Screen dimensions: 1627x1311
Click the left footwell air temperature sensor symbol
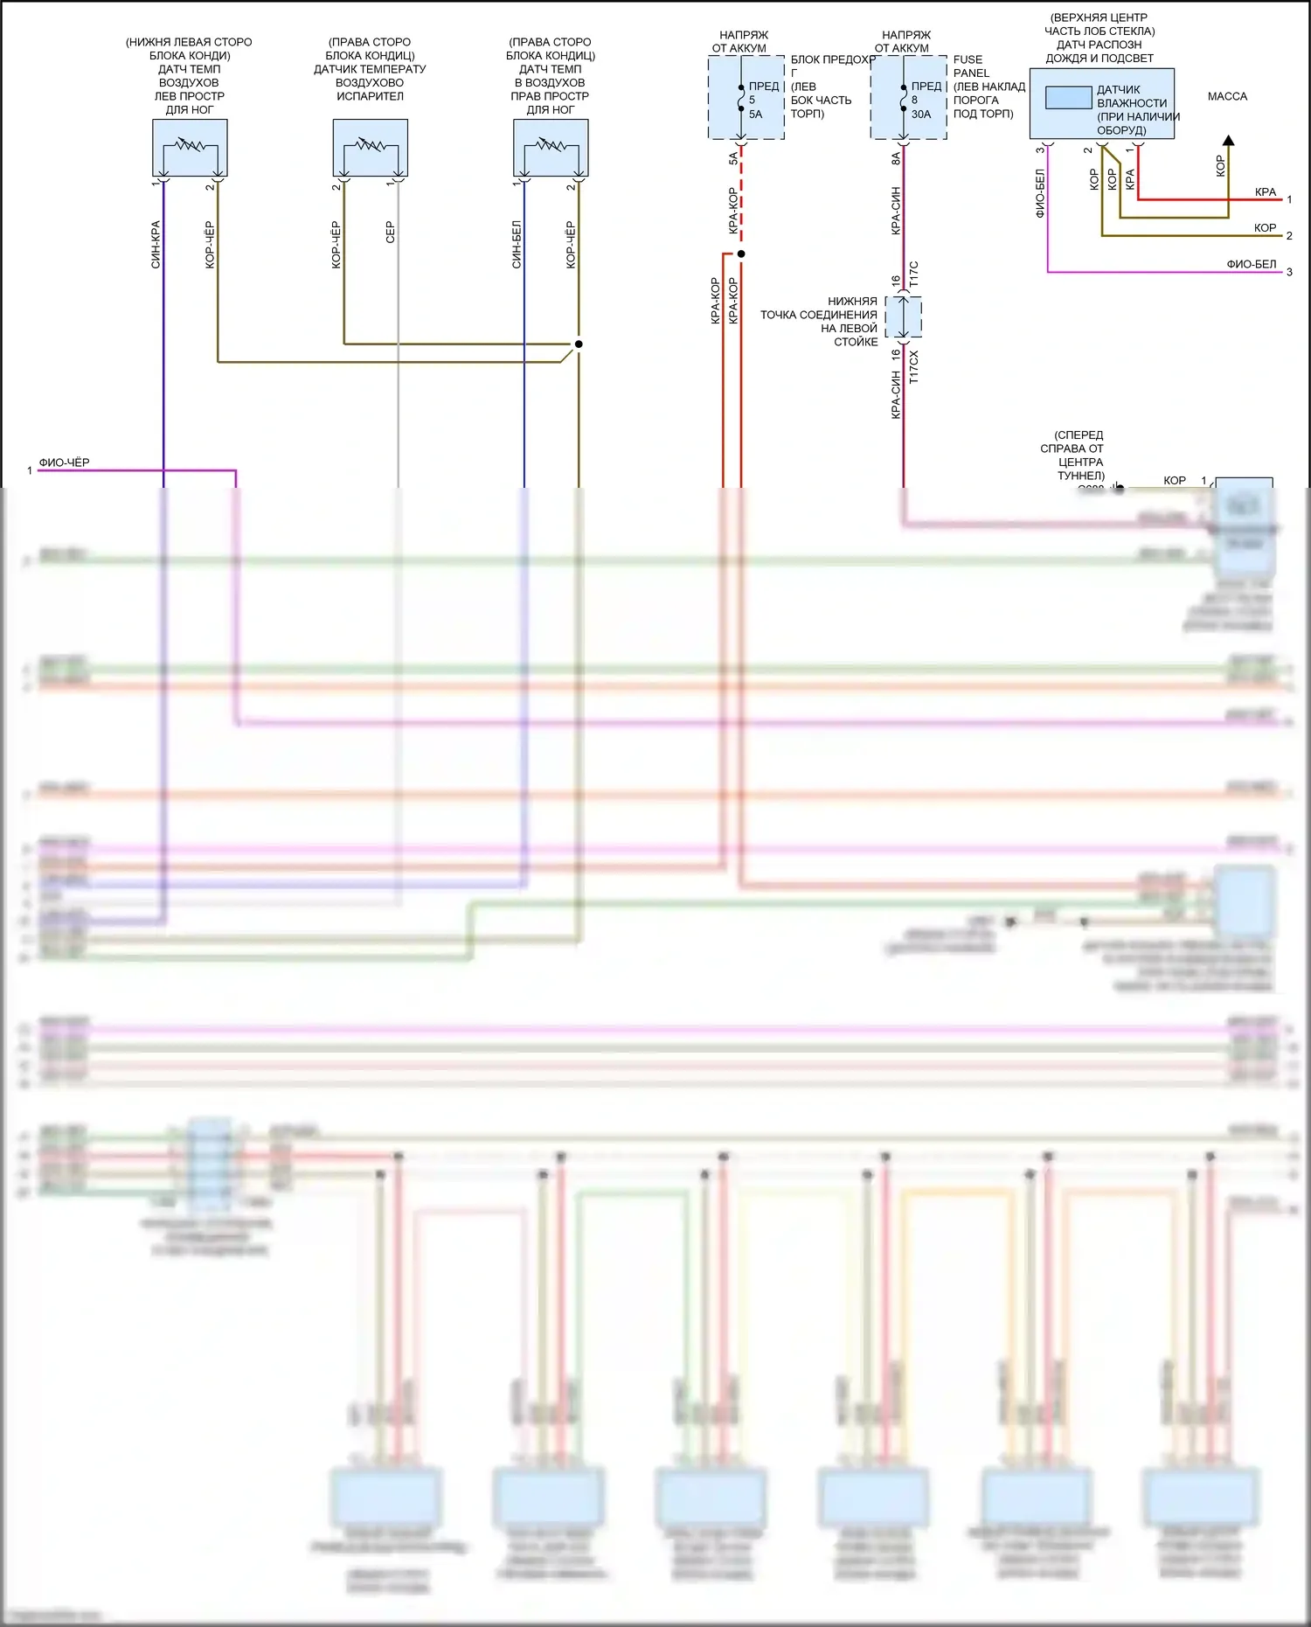click(x=190, y=148)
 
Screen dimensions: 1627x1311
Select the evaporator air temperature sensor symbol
click(x=370, y=148)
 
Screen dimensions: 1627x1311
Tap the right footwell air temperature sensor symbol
click(x=551, y=148)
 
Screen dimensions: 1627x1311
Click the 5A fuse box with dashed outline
click(x=746, y=97)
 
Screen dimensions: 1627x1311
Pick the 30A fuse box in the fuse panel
click(x=908, y=97)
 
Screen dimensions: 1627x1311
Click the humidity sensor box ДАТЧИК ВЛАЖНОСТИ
click(x=1101, y=103)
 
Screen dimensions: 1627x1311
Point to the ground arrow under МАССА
click(x=1228, y=141)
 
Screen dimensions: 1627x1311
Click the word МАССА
click(x=1227, y=96)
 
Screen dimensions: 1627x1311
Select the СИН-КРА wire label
click(x=156, y=244)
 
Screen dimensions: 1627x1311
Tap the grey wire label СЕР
click(x=390, y=232)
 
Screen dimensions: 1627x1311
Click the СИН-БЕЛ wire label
click(x=517, y=244)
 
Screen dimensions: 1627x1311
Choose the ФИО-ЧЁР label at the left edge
click(x=64, y=462)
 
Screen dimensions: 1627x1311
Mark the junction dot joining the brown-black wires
click(x=579, y=344)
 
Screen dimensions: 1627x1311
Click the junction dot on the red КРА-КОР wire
click(x=741, y=254)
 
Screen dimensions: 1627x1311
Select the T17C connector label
click(x=913, y=275)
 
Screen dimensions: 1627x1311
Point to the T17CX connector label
click(x=913, y=367)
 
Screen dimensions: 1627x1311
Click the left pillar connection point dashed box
click(x=904, y=317)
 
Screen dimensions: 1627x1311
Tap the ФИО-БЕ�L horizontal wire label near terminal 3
click(x=1251, y=264)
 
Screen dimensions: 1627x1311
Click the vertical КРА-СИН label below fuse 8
click(x=896, y=210)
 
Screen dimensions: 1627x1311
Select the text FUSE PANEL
click(x=970, y=66)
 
